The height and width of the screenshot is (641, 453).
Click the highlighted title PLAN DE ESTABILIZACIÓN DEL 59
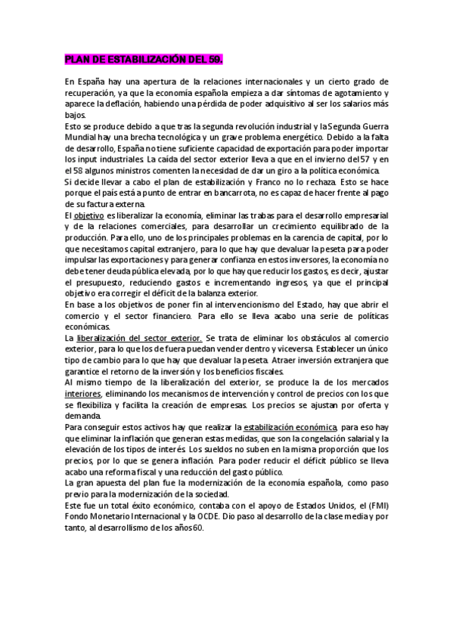(x=144, y=58)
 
